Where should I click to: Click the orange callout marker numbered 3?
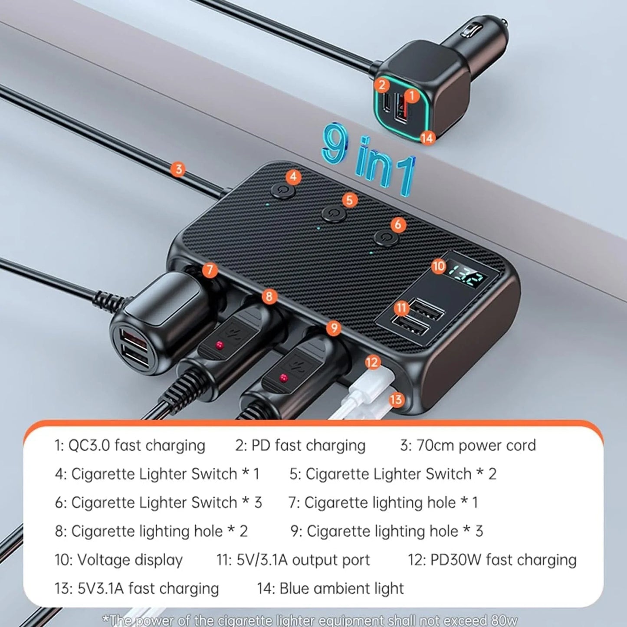[x=178, y=169]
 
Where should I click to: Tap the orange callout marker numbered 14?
[x=427, y=138]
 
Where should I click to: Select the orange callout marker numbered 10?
[x=439, y=266]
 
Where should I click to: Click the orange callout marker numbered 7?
[x=210, y=270]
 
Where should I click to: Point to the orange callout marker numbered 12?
[x=372, y=362]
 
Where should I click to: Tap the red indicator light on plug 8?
[x=220, y=345]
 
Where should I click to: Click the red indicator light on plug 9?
[x=284, y=377]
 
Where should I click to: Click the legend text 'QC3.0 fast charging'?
[x=137, y=446]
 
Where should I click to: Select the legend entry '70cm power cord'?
[x=476, y=446]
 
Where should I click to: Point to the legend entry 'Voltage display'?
[x=129, y=560]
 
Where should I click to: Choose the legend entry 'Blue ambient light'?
[x=341, y=589]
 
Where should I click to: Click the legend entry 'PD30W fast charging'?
[x=503, y=560]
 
